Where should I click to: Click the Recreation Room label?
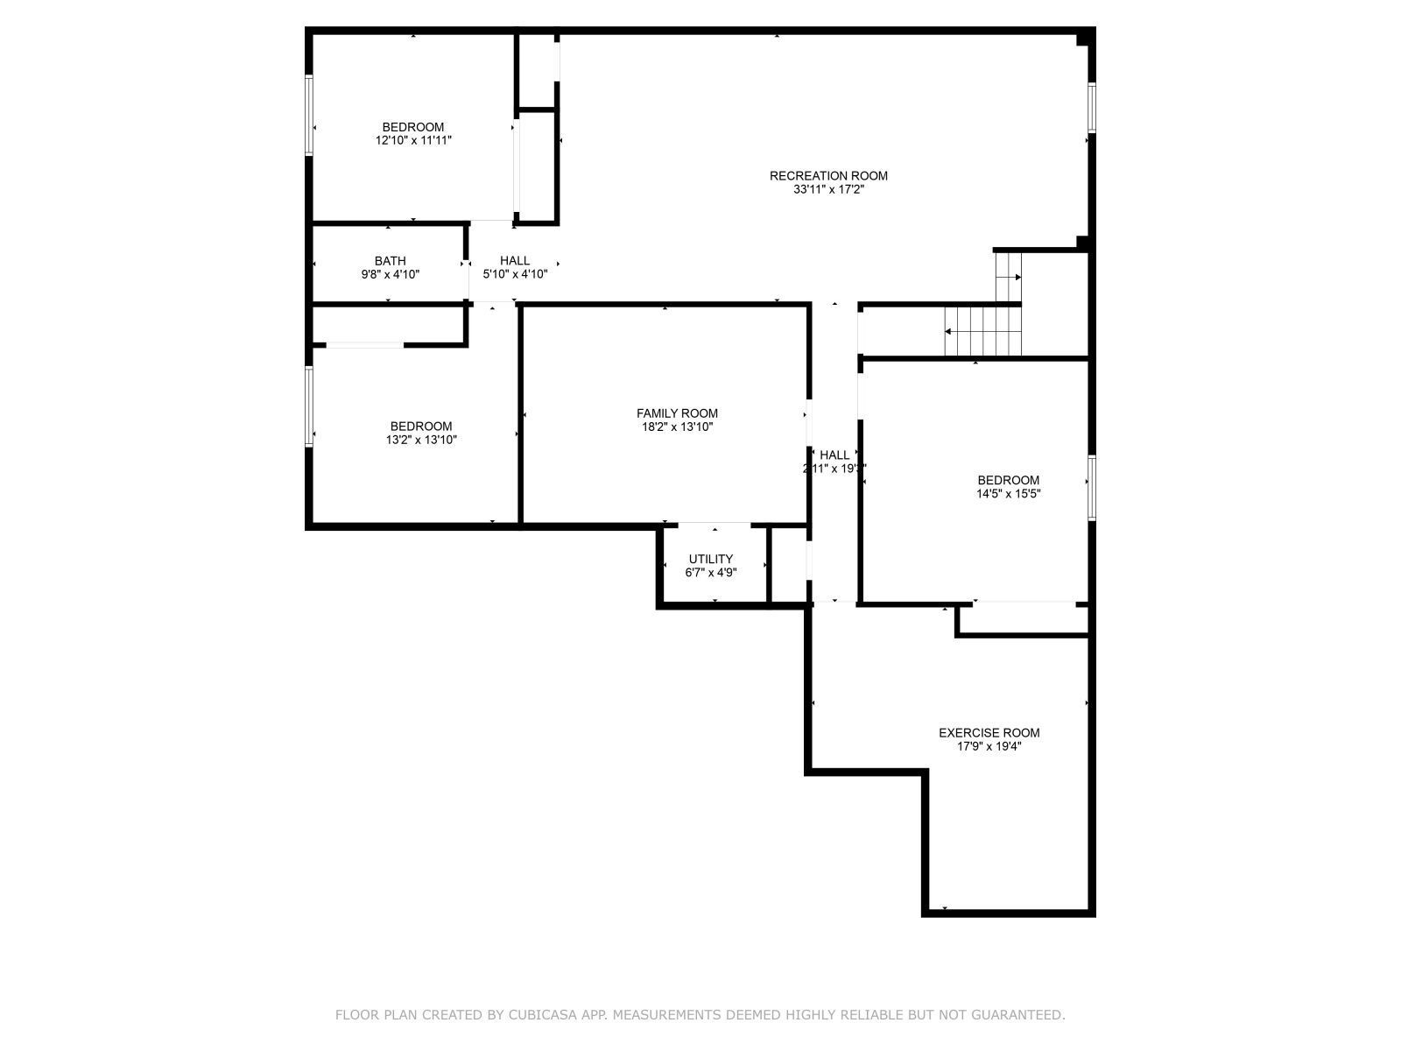click(828, 176)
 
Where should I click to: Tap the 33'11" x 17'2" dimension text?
click(828, 189)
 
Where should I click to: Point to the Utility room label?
click(710, 559)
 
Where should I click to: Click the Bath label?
click(390, 261)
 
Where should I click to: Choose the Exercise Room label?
click(989, 733)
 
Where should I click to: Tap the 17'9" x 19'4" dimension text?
click(989, 746)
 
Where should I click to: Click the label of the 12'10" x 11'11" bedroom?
click(412, 127)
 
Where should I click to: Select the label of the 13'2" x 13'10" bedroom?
click(421, 427)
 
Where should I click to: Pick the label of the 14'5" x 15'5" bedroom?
click(1008, 480)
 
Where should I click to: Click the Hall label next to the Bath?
click(515, 261)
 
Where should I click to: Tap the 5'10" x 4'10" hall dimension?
click(515, 274)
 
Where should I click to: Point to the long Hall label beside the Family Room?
click(834, 455)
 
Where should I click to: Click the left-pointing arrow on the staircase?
click(949, 331)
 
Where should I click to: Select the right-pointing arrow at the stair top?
click(1017, 277)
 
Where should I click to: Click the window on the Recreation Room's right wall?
click(1092, 108)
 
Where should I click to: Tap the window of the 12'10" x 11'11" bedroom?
click(309, 116)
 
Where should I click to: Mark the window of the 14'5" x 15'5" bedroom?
click(1092, 487)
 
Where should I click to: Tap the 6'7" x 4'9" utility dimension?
click(710, 573)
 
